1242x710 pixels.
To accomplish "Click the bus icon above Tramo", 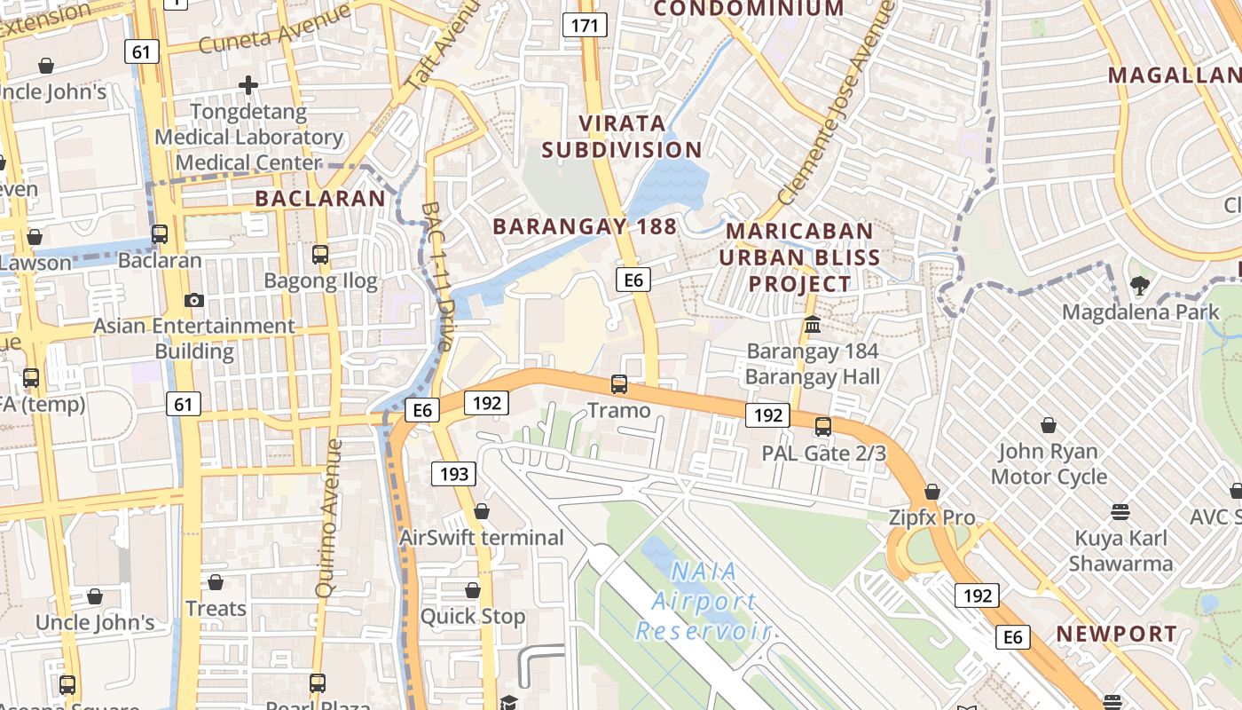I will pyautogui.click(x=619, y=384).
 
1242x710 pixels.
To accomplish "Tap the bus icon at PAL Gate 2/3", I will pyautogui.click(x=823, y=427).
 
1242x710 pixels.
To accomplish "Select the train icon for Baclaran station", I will pyautogui.click(x=160, y=234).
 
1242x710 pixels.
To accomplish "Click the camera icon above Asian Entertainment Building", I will pyautogui.click(x=193, y=300).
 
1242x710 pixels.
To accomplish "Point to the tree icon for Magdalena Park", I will pyautogui.click(x=1140, y=286).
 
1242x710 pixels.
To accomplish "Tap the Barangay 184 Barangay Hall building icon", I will pyautogui.click(x=813, y=325).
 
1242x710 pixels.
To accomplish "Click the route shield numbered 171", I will pyautogui.click(x=585, y=26).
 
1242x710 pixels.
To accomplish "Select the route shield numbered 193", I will pyautogui.click(x=453, y=474).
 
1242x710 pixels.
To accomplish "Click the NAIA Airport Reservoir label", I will pyautogui.click(x=703, y=601).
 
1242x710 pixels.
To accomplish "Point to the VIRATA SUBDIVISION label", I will pyautogui.click(x=622, y=136).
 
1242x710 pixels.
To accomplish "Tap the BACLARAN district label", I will pyautogui.click(x=320, y=198).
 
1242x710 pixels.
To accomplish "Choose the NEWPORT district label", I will pyautogui.click(x=1116, y=634).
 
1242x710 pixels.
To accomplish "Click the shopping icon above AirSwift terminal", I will pyautogui.click(x=482, y=511).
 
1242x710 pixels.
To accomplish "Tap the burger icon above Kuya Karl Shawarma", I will pyautogui.click(x=1120, y=511).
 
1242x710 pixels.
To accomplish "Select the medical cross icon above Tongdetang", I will pyautogui.click(x=248, y=85).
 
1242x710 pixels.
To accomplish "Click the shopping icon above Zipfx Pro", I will pyautogui.click(x=932, y=491).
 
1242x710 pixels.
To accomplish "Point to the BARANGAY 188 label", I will pyautogui.click(x=585, y=226).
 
